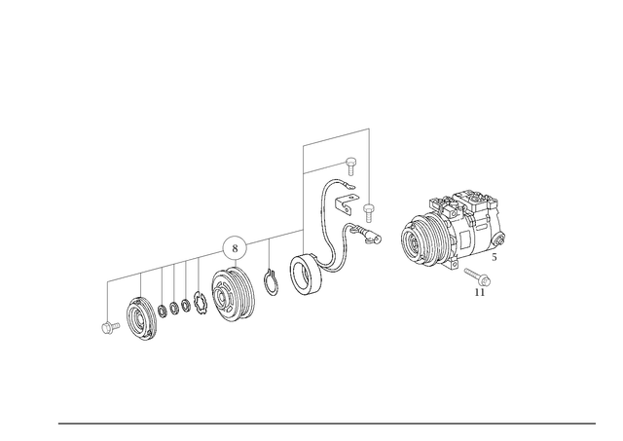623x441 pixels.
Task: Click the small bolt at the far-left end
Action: (107, 327)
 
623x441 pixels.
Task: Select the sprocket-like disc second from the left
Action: (143, 319)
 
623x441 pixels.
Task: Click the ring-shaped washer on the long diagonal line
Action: (234, 246)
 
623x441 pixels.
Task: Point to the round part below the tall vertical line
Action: (307, 276)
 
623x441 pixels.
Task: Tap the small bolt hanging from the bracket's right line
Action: (368, 209)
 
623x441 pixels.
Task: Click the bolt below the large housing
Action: (479, 281)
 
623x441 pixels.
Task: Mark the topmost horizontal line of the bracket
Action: (335, 136)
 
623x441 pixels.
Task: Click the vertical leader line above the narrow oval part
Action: (269, 253)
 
